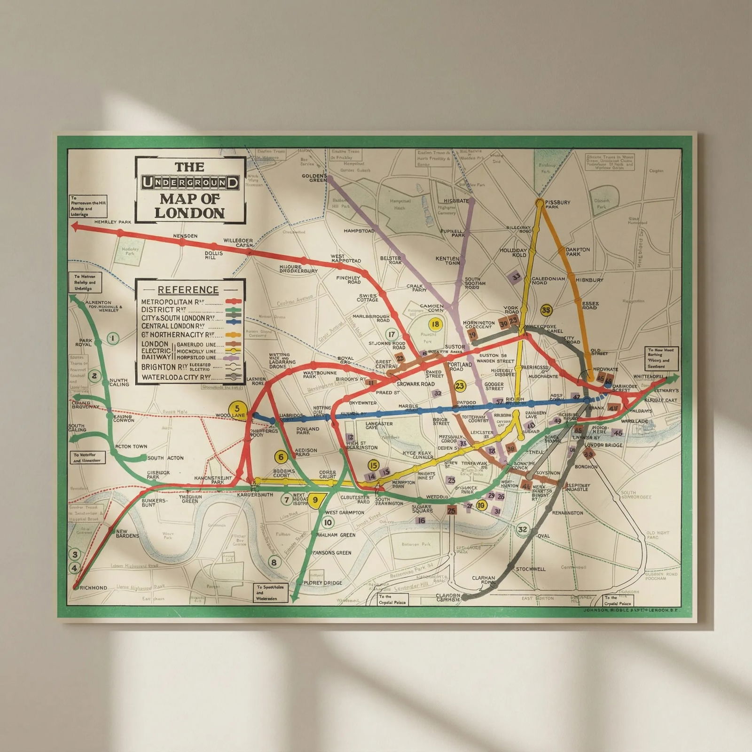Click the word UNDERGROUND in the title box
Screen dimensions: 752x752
pos(190,182)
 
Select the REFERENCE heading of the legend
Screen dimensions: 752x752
pos(188,290)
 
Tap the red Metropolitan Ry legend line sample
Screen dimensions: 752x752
pos(234,302)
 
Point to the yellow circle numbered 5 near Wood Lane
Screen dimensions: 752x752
pos(237,408)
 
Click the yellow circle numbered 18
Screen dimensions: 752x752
pos(436,324)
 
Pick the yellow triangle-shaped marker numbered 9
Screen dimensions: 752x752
pos(315,500)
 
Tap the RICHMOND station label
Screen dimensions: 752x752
pos(94,588)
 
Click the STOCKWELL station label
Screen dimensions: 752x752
pos(531,569)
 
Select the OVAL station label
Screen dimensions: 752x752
pos(543,536)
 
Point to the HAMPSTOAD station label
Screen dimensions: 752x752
pos(359,231)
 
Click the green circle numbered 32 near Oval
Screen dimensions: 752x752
pos(522,529)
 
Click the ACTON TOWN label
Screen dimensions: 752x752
pos(131,446)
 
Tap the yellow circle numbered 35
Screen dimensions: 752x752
pos(546,310)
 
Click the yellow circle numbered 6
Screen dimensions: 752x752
pos(281,457)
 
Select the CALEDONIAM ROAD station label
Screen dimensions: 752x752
pos(548,281)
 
